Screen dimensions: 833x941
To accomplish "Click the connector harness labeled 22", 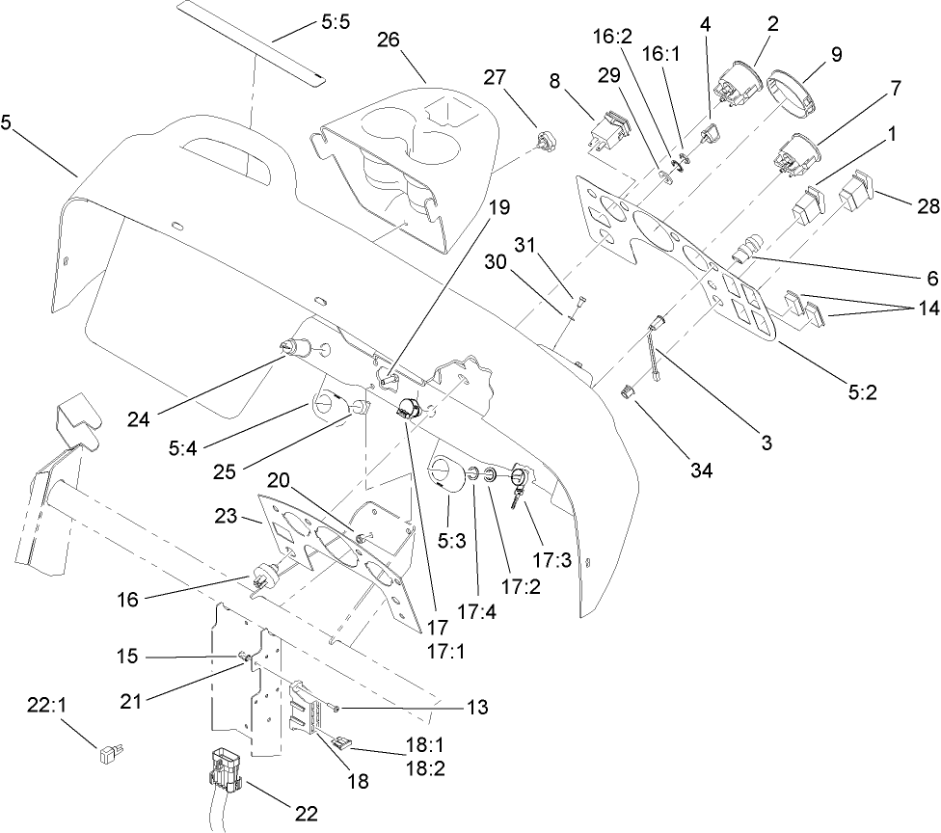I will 227,771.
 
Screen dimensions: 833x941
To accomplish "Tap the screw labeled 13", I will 335,709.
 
